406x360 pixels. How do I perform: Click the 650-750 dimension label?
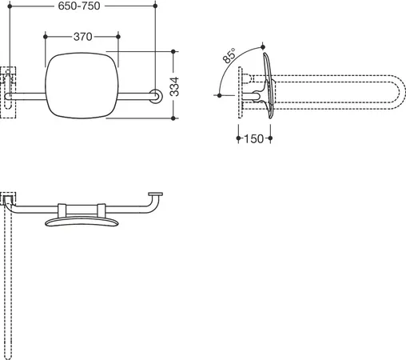(x=79, y=6)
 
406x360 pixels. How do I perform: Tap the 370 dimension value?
(x=83, y=37)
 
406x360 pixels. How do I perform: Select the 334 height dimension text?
(x=174, y=86)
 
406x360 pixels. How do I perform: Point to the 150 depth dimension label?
(x=253, y=138)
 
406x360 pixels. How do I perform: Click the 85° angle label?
(x=229, y=55)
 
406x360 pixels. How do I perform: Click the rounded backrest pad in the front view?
(x=82, y=86)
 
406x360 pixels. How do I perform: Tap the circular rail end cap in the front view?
(x=156, y=96)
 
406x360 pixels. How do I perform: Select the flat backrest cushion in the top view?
(x=82, y=222)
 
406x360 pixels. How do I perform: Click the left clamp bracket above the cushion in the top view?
(x=62, y=210)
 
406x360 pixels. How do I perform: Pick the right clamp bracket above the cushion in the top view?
(x=101, y=210)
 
